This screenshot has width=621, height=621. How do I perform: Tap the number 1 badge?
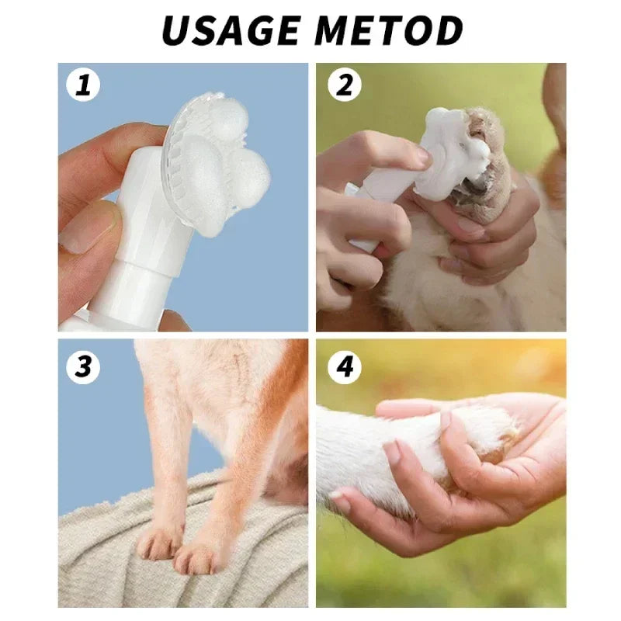tap(83, 85)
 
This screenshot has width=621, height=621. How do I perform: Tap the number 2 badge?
tap(345, 85)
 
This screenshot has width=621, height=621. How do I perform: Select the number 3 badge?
tap(83, 365)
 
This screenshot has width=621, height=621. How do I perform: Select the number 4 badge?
tap(345, 365)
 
